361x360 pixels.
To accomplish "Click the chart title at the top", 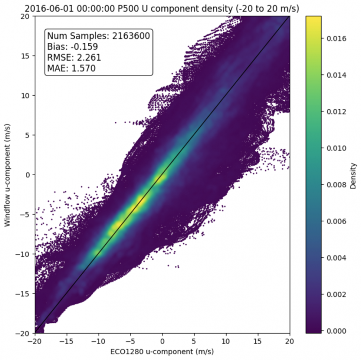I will [162, 8].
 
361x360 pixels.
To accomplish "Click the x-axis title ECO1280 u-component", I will [162, 351].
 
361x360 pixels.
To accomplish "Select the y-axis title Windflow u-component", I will [8, 175].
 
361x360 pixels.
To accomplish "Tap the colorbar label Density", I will [353, 175].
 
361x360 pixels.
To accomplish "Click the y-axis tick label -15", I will [24, 294].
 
